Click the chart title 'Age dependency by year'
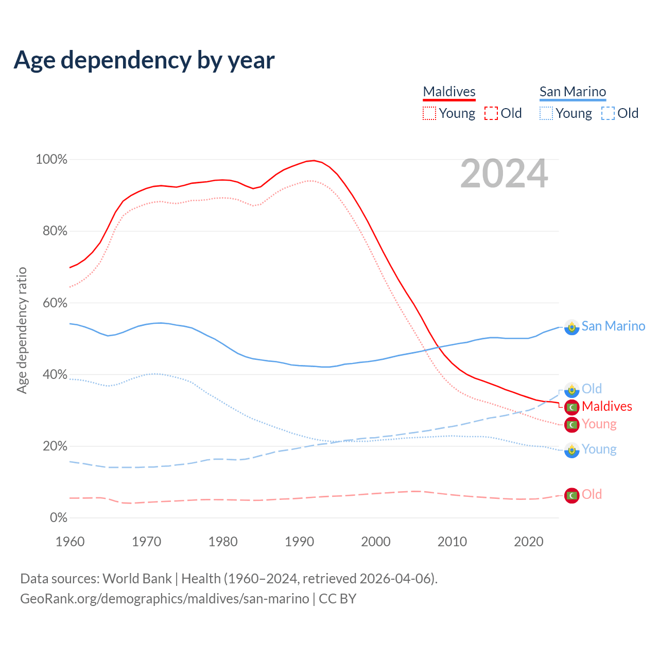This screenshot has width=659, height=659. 144,60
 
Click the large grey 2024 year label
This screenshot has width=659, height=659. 504,174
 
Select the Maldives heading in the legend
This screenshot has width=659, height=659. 449,92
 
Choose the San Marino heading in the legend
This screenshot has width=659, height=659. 573,92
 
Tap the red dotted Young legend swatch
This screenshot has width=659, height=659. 429,113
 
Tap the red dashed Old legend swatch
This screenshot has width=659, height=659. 491,113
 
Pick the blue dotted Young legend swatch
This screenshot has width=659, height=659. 546,113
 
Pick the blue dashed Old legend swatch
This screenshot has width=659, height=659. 608,113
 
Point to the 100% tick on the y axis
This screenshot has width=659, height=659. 51,160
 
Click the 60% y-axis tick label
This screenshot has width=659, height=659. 55,303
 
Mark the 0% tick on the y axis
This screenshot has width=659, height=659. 58,518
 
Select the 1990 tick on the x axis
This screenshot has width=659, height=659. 300,542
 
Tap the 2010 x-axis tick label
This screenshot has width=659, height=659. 452,542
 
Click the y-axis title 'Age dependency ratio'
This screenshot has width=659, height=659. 22,330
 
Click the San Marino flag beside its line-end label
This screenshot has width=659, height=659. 571,327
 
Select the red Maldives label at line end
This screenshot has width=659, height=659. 607,406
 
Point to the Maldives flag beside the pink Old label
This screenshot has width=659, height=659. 571,495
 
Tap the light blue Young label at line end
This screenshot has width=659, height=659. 599,449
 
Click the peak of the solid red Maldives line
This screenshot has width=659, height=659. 314,161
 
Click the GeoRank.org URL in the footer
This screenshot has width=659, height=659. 165,599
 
